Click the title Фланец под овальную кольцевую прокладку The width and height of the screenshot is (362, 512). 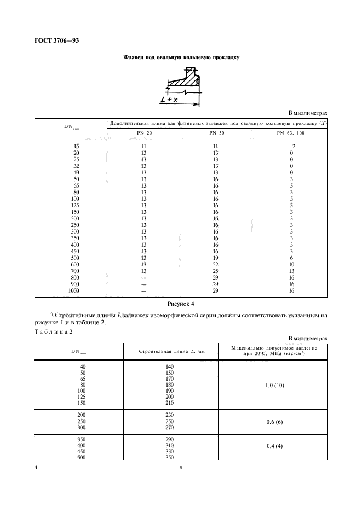click(x=181, y=56)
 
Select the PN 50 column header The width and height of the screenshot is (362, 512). click(x=216, y=133)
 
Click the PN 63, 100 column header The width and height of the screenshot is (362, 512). click(x=291, y=133)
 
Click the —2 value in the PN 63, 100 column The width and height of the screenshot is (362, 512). click(x=291, y=147)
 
